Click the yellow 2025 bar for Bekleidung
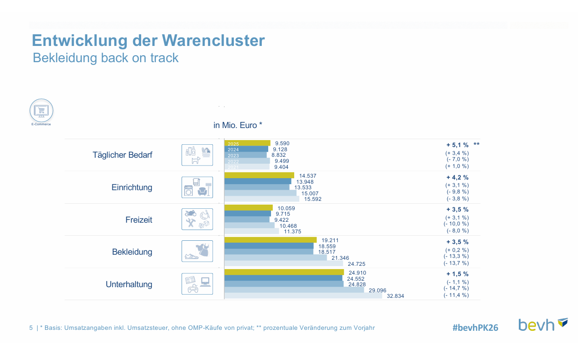tap(270, 240)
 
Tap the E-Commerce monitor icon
tap(42, 111)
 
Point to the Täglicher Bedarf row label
tap(123, 155)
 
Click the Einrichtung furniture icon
tap(197, 187)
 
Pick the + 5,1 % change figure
tap(458, 145)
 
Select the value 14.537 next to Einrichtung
tap(309, 176)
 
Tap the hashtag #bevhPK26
tap(475, 328)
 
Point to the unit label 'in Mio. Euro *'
tap(238, 125)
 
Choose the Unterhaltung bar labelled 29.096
tap(294, 290)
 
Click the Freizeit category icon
tap(197, 219)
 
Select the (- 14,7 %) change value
tap(456, 288)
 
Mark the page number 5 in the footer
tap(31, 328)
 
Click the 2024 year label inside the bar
tap(233, 149)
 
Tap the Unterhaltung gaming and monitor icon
tap(197, 284)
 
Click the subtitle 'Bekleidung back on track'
tap(106, 58)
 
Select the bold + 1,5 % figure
tap(458, 274)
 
